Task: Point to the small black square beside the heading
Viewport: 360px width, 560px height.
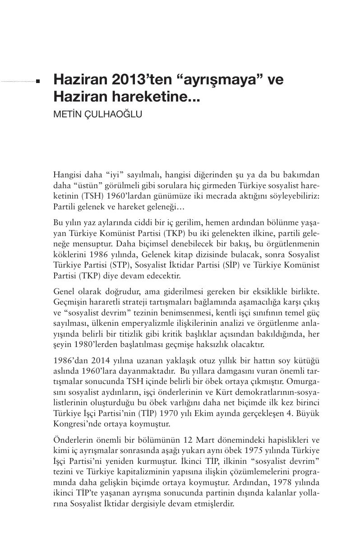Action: [x=38, y=82]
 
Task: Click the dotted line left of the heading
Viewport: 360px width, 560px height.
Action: [x=18, y=82]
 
